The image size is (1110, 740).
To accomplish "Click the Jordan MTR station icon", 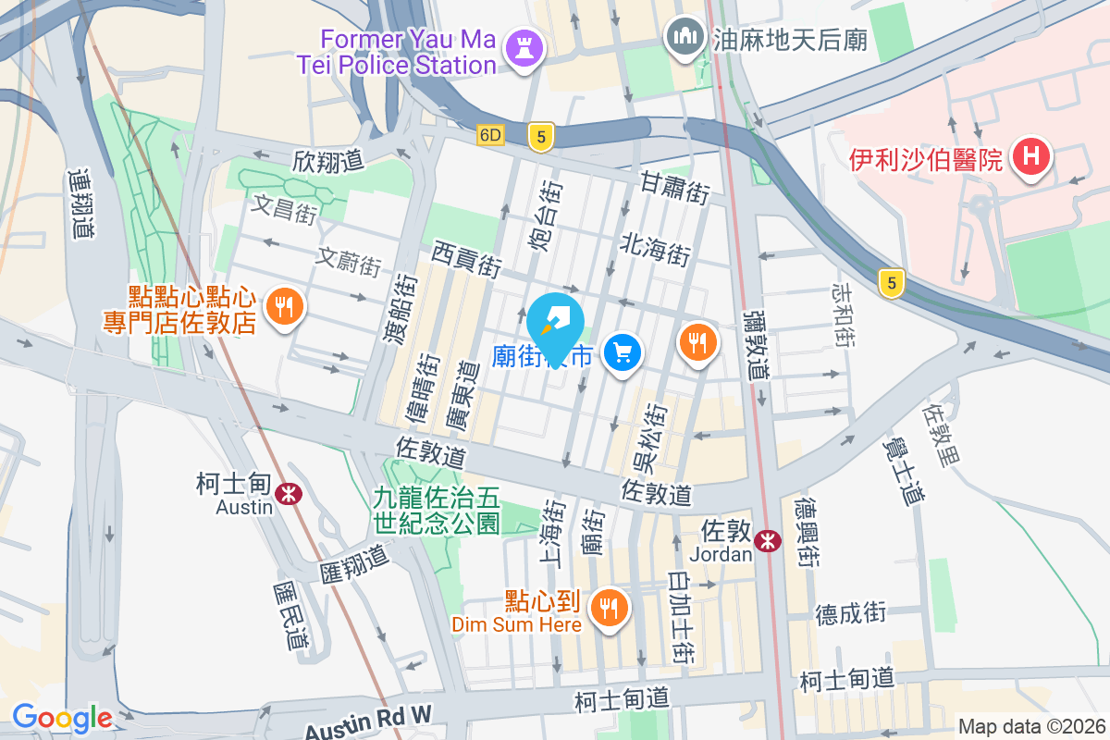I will [767, 541].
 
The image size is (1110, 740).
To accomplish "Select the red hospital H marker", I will [1030, 158].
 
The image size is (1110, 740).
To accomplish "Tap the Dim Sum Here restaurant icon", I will [609, 609].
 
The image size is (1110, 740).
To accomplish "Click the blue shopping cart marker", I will [623, 352].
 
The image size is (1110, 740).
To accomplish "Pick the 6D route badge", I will [490, 135].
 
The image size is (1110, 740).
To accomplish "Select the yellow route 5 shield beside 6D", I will [541, 136].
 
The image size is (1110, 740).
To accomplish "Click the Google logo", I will [62, 717].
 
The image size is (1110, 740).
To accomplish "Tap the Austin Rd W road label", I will [368, 720].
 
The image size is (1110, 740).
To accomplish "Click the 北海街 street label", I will [656, 247].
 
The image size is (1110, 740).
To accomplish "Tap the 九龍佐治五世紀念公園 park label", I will [437, 511].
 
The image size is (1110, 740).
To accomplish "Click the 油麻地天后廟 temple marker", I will [684, 38].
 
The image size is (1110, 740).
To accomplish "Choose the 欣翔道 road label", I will [328, 160].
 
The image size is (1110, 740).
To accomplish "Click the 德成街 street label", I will [850, 612].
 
